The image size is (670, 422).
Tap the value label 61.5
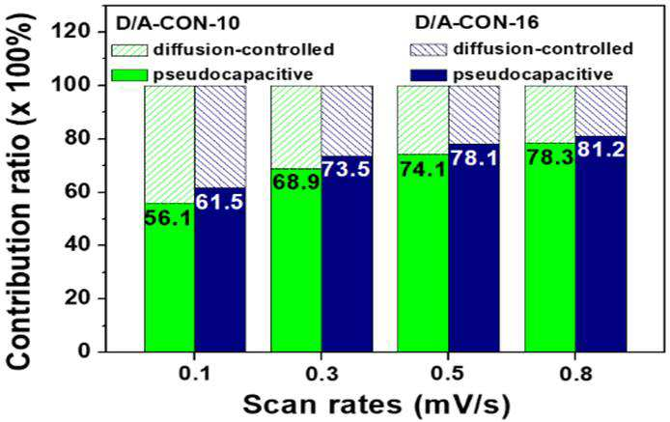pyautogui.click(x=219, y=202)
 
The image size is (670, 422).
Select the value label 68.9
pyautogui.click(x=296, y=183)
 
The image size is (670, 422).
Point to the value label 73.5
pyautogui.click(x=347, y=169)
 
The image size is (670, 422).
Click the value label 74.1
pyautogui.click(x=423, y=169)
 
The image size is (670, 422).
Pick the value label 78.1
pyautogui.click(x=474, y=158)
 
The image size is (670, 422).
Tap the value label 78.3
pyautogui.click(x=550, y=158)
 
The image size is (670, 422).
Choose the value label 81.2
pyautogui.click(x=600, y=150)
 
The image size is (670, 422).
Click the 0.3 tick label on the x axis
pyautogui.click(x=321, y=374)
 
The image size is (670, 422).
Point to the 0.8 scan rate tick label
pyautogui.click(x=575, y=374)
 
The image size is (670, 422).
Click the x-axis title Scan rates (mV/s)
pyautogui.click(x=377, y=404)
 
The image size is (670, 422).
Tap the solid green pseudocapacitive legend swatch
pyautogui.click(x=129, y=75)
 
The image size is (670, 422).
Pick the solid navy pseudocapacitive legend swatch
pyautogui.click(x=428, y=75)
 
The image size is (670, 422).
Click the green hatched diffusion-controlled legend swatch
pyautogui.click(x=129, y=49)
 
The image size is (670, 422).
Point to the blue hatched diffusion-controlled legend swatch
pyautogui.click(x=428, y=49)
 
